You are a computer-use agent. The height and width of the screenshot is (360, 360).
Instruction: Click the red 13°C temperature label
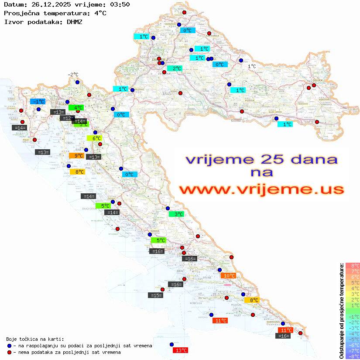pos(181,350)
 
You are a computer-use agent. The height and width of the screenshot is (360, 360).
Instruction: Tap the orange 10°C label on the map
pos(228,275)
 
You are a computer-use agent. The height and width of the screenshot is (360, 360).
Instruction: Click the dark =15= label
pos(155,295)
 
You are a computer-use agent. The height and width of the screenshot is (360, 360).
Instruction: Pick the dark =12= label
pos(67,118)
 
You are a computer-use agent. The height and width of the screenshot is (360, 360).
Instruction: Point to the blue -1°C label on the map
pos(38,101)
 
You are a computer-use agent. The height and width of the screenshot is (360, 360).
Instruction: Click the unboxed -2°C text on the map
pos(72,75)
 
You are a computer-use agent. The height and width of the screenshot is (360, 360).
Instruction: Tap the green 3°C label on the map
pos(176,214)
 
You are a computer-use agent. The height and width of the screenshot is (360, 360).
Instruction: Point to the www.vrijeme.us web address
pos(261,189)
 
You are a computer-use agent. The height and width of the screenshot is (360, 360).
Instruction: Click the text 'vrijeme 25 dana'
pos(261,159)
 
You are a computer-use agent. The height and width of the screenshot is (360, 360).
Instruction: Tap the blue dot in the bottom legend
pos(9,346)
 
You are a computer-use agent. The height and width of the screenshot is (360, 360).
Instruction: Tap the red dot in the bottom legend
pos(9,352)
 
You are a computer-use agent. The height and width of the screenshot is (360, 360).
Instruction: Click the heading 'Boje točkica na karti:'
pos(35,339)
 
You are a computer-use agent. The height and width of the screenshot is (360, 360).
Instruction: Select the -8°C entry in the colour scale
pos(353,356)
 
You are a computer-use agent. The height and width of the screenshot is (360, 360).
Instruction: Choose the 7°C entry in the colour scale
pos(353,271)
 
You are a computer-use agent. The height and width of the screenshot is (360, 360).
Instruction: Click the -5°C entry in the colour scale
pos(353,339)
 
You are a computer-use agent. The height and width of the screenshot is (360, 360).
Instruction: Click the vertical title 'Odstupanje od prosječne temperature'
pos(341,311)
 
